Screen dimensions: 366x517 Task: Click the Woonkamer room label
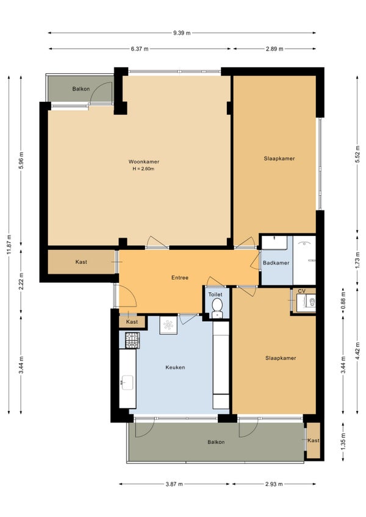144,162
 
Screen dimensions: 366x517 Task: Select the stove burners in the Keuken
132,340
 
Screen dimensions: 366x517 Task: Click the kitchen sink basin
127,383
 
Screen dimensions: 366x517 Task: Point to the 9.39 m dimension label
182,33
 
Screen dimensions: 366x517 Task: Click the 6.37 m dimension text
140,49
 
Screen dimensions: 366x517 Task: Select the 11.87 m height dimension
9,244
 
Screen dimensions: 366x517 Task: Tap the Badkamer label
276,263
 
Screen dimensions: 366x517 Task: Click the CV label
301,291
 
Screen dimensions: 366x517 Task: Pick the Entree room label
180,277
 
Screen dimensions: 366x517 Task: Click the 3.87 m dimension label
174,484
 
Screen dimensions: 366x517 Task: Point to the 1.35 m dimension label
343,441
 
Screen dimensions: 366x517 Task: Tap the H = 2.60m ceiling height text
143,169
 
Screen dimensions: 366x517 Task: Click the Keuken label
175,367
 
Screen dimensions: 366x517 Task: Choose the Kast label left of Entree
81,262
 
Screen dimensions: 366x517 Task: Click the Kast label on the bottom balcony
313,441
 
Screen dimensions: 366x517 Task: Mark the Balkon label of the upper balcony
81,88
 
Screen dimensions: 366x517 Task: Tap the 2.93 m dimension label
274,484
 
